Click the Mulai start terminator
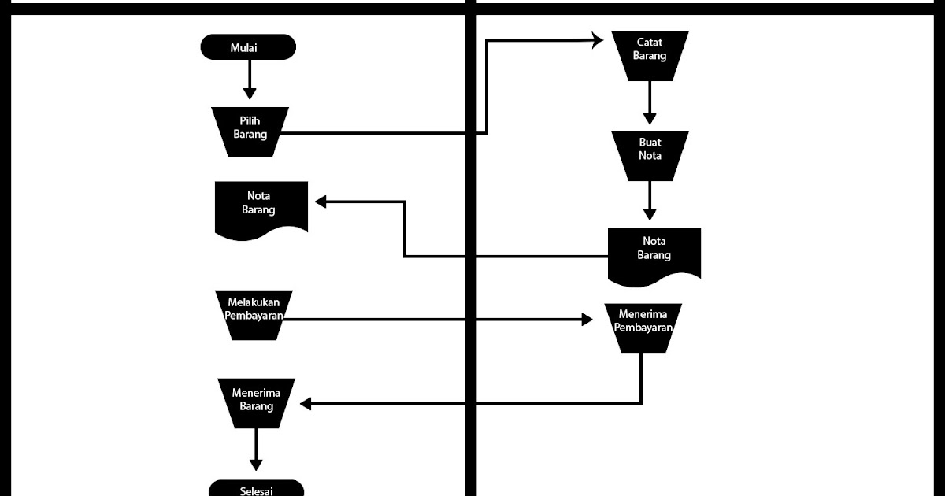[248, 47]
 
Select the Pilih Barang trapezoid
[250, 131]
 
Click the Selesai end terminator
[256, 489]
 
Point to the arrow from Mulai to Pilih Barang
[250, 79]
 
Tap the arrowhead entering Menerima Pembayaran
[586, 319]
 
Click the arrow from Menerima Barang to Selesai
[255, 449]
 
